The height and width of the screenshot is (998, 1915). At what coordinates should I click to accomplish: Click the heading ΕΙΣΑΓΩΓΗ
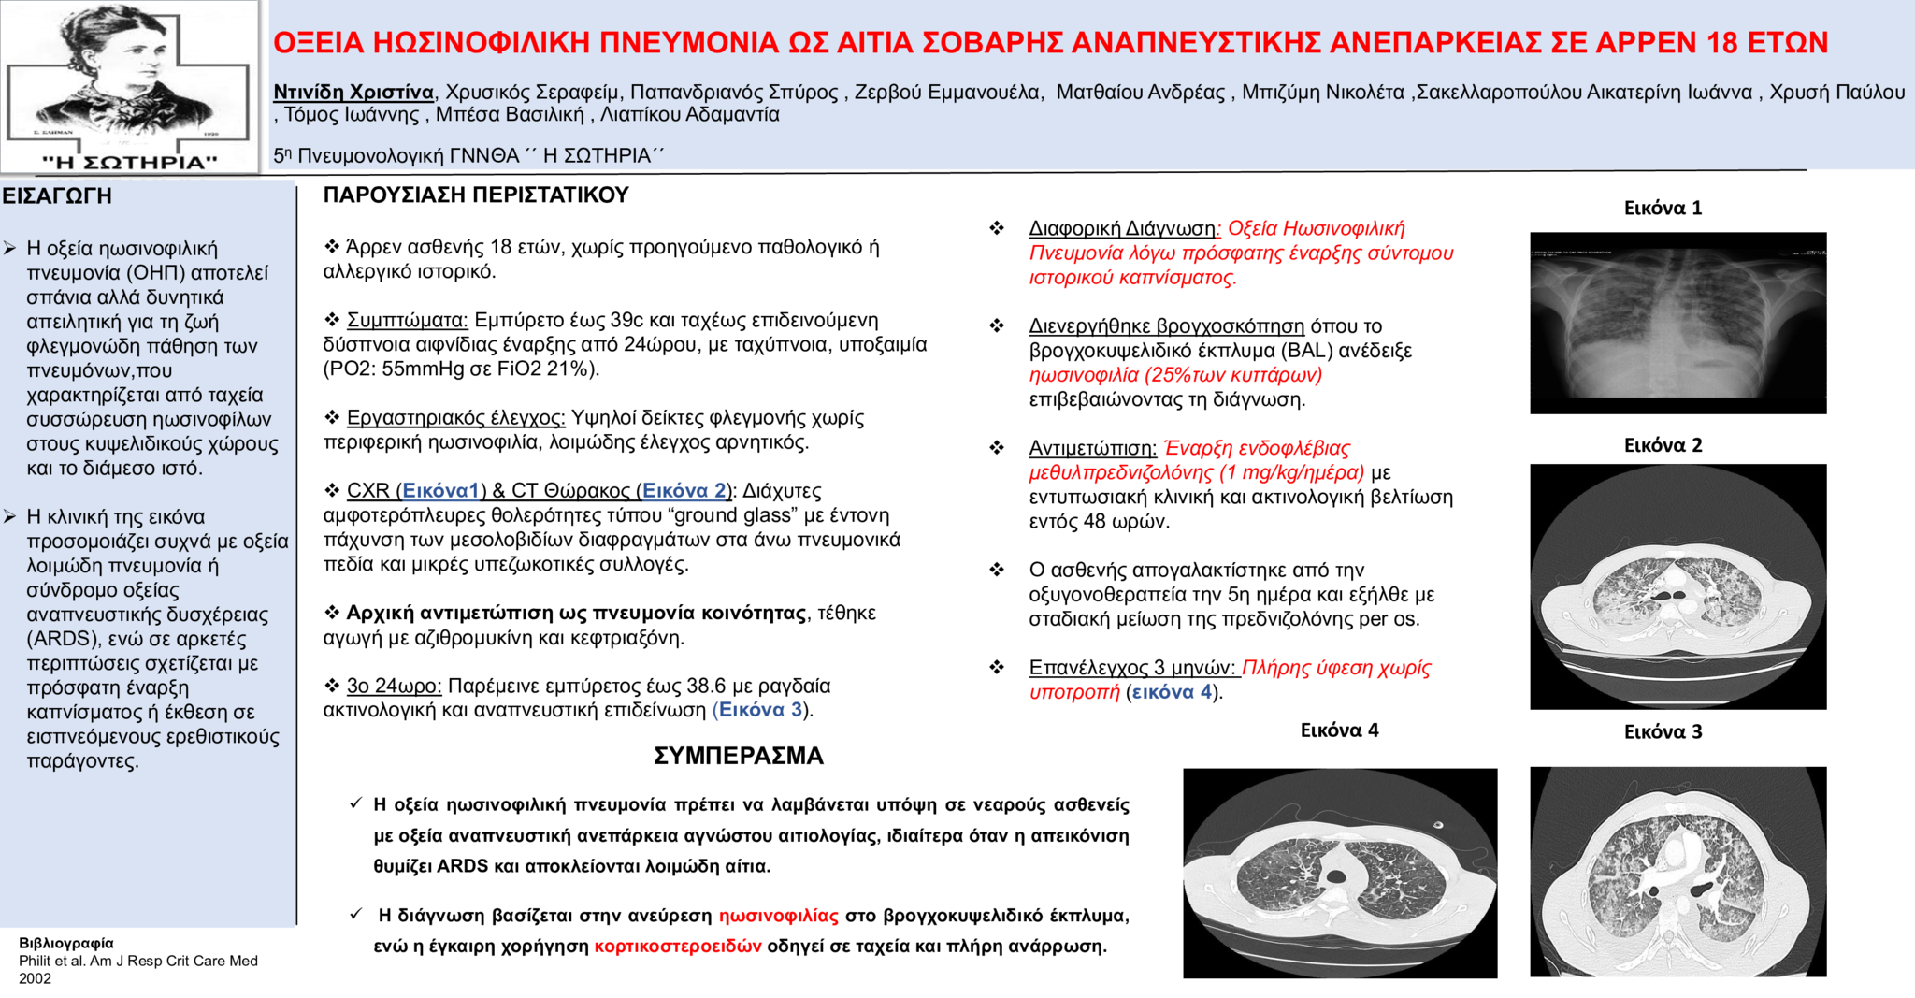pos(57,196)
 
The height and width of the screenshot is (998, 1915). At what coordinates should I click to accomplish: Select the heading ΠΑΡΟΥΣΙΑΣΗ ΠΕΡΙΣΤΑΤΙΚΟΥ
pos(476,195)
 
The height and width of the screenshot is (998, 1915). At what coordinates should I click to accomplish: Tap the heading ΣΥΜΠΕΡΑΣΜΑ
pos(739,756)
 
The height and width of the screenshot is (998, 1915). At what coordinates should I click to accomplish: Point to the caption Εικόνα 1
pos(1663,209)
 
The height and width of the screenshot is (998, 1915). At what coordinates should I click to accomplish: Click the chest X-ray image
pos(1677,323)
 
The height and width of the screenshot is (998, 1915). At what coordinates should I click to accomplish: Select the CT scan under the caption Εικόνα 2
pos(1677,586)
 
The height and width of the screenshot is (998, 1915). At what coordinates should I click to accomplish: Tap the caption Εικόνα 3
pos(1663,732)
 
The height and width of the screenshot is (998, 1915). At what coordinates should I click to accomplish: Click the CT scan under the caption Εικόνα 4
pos(1339,873)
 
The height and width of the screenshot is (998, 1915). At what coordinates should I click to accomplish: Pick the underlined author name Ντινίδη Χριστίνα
pos(353,93)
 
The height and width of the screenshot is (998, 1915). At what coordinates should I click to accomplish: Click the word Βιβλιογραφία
pos(66,943)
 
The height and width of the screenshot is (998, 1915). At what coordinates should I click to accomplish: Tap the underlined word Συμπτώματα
pos(407,321)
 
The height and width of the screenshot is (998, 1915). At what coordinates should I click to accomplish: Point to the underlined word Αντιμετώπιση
pos(1092,449)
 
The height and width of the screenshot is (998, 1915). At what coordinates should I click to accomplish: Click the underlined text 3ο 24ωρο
pos(393,687)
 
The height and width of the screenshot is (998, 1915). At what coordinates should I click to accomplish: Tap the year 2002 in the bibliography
pos(36,978)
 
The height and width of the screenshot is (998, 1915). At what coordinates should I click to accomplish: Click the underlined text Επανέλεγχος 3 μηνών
pos(1131,668)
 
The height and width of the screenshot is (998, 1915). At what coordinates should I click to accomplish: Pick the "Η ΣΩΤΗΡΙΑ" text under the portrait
pos(130,162)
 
